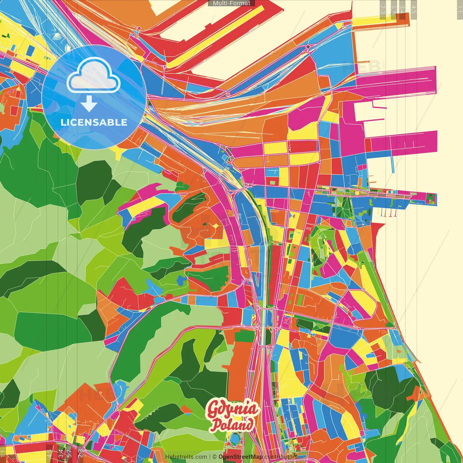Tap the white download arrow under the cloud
point(89,104)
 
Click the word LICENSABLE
point(94,122)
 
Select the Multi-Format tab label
point(231,3)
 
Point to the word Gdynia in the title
point(233,410)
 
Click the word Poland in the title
point(232,425)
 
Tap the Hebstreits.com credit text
point(186,457)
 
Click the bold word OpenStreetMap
point(241,457)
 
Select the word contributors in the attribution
point(281,457)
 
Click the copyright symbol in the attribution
point(214,457)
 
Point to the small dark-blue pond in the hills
point(181,280)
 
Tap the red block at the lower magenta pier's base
point(368,145)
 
